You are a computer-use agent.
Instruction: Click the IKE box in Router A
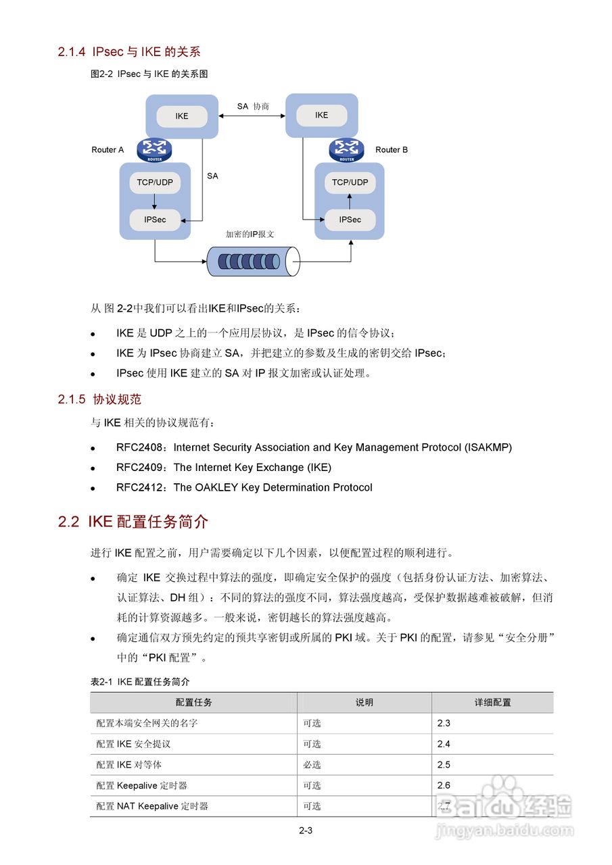pyautogui.click(x=182, y=116)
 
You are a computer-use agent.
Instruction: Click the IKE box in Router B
pyautogui.click(x=321, y=116)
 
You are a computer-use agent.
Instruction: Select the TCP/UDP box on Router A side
pyautogui.click(x=155, y=182)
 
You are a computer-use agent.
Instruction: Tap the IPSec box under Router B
pyautogui.click(x=350, y=220)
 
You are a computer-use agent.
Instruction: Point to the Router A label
pyautogui.click(x=108, y=150)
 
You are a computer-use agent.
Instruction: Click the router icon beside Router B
pyautogui.click(x=346, y=149)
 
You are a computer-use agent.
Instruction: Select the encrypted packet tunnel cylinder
pyautogui.click(x=253, y=261)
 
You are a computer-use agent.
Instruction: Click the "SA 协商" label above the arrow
pyautogui.click(x=253, y=107)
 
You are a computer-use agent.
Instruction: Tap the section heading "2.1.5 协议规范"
pyautogui.click(x=99, y=399)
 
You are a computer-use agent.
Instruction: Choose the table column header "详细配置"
pyautogui.click(x=492, y=703)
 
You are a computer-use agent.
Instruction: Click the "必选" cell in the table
pyautogui.click(x=312, y=765)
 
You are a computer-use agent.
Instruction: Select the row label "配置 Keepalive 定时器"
pyautogui.click(x=142, y=785)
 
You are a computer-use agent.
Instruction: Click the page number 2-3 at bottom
pyautogui.click(x=305, y=831)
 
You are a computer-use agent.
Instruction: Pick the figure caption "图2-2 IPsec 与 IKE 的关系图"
pyautogui.click(x=149, y=74)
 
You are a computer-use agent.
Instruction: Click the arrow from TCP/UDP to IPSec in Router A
pyautogui.click(x=155, y=201)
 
